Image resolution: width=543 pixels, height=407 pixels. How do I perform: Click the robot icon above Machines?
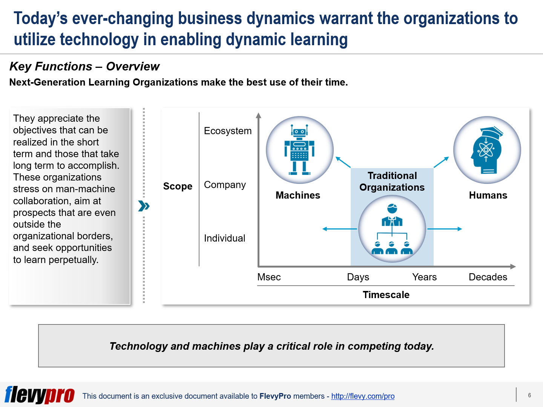[x=299, y=150]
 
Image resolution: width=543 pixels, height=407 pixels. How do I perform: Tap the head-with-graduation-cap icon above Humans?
[x=487, y=150]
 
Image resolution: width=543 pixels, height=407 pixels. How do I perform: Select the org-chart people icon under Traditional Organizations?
[x=392, y=229]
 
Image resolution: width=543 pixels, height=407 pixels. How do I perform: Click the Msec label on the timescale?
[x=269, y=277]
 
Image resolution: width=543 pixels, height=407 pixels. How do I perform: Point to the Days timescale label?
[x=358, y=277]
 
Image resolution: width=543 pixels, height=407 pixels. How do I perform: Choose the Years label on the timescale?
[x=424, y=277]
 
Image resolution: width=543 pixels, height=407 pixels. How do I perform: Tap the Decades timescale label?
[x=488, y=277]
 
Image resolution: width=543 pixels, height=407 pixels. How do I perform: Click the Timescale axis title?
[x=386, y=295]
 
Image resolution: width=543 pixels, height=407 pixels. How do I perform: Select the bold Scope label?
[x=178, y=186]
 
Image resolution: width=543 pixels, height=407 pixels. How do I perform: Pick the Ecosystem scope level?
[x=228, y=131]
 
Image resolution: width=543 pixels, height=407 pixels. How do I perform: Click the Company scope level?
[x=225, y=185]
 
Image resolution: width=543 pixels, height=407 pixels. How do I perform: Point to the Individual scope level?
[x=224, y=238]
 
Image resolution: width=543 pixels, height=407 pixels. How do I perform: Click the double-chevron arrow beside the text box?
[x=144, y=206]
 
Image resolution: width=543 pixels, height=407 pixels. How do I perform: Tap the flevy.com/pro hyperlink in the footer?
[x=363, y=396]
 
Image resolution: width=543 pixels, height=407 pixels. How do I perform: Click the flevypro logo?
[x=40, y=395]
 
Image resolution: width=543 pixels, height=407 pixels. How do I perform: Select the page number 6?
[x=529, y=395]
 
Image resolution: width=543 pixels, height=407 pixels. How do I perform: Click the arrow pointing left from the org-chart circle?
[x=340, y=229]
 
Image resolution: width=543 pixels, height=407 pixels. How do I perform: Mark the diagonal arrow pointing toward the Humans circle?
[x=441, y=162]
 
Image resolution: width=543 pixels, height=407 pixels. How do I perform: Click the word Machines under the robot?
[x=298, y=195]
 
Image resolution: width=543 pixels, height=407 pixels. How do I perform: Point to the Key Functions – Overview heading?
[x=84, y=66]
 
